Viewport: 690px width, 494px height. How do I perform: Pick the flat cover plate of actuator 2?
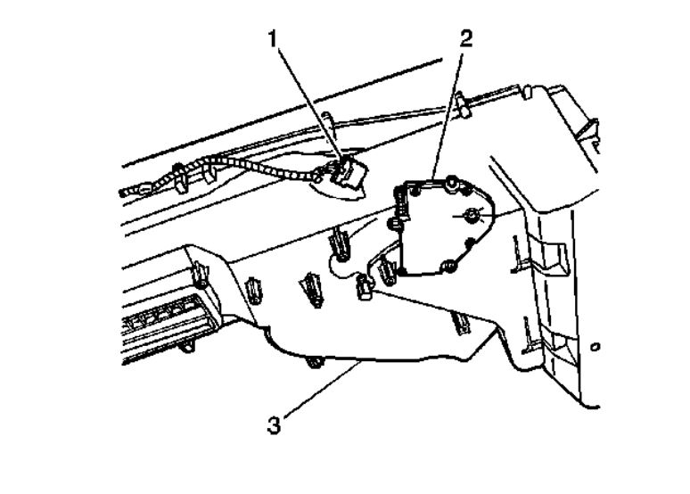(x=437, y=227)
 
